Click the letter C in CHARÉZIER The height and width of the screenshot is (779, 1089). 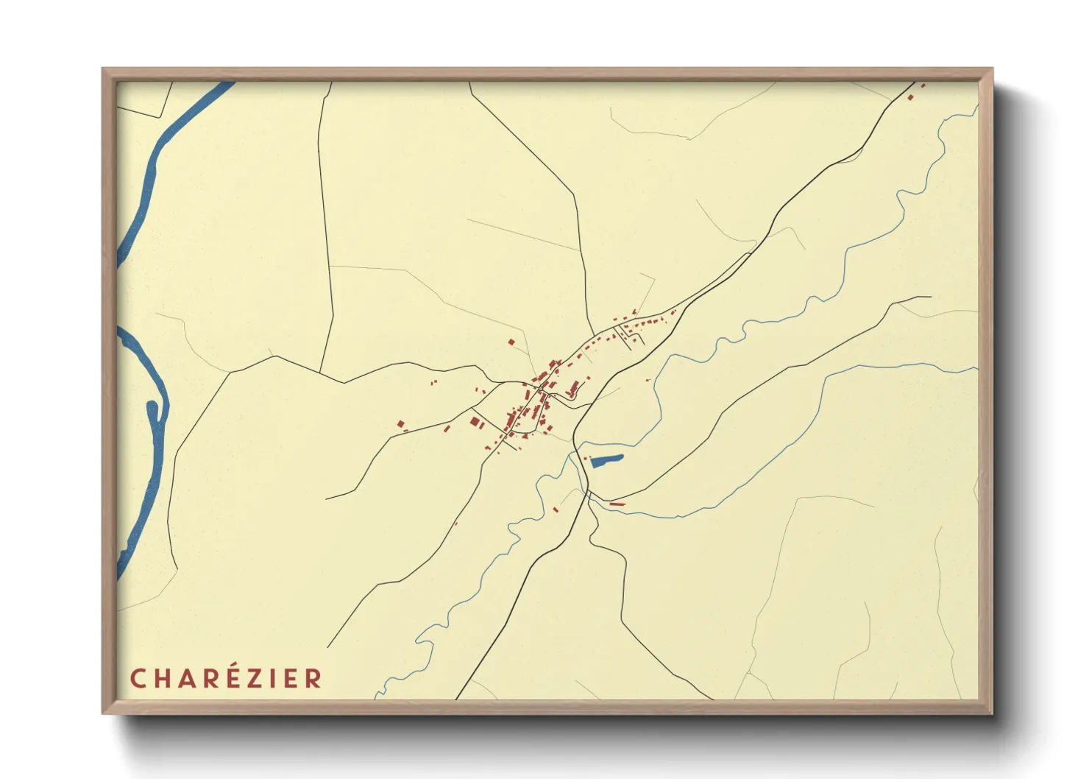tap(138, 678)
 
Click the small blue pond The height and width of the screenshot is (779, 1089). tap(606, 461)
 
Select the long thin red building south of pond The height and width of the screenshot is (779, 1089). tap(617, 504)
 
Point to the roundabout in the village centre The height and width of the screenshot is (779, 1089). tap(541, 388)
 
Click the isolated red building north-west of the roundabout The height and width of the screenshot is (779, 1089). tap(511, 342)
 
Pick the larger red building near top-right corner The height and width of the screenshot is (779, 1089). tap(911, 97)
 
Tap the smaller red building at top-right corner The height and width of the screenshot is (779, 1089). tap(923, 86)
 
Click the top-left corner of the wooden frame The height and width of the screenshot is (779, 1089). tap(103, 69)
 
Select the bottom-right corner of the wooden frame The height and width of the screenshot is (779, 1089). tap(992, 713)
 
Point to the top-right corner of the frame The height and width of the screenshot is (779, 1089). tap(992, 69)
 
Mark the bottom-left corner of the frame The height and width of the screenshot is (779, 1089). tap(103, 713)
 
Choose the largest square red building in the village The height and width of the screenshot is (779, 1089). tap(475, 422)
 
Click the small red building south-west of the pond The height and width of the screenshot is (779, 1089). tap(556, 509)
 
